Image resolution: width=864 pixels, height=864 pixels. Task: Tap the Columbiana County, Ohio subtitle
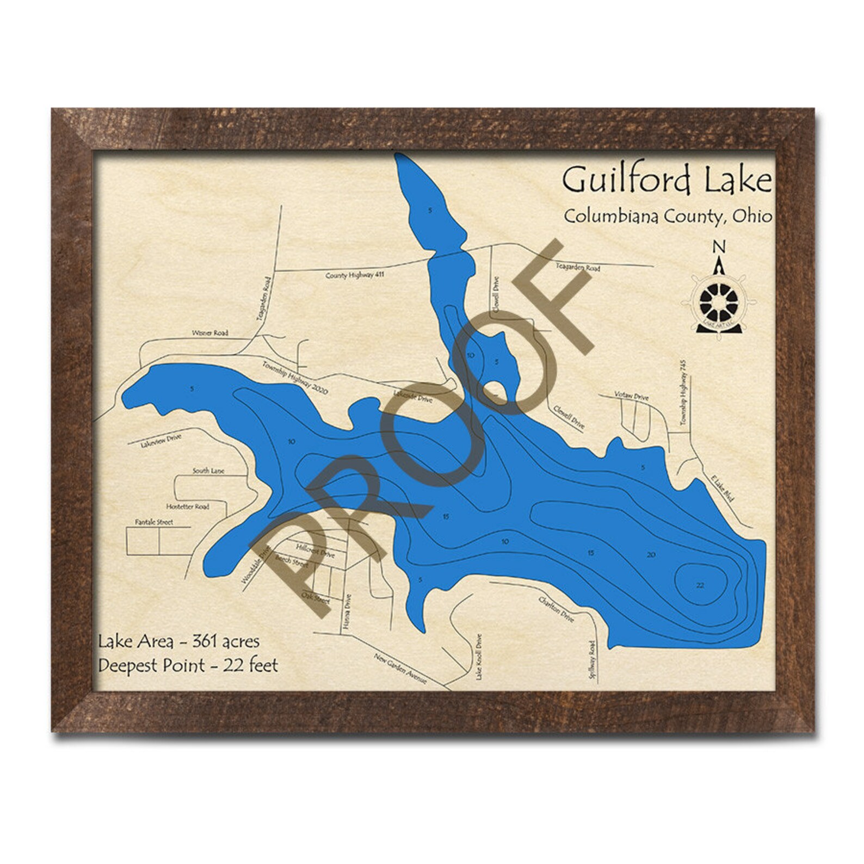667,217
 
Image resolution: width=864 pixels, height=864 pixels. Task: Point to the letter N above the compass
719,247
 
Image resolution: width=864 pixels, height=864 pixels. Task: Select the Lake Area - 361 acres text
178,641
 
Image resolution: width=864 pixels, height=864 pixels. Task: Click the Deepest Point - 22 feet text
188,665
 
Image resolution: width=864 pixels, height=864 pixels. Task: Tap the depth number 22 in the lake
700,585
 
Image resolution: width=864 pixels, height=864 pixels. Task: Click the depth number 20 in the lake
651,555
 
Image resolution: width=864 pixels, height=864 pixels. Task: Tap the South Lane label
208,471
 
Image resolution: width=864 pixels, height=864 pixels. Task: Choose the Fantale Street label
154,522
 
